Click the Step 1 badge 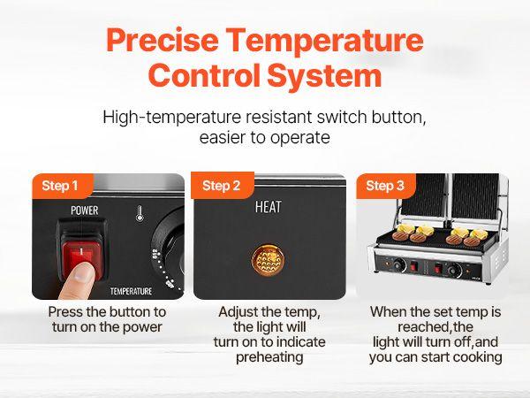tap(61, 186)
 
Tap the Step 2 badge tap(222, 186)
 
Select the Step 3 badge tap(385, 186)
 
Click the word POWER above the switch tap(85, 210)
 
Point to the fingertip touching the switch tap(82, 273)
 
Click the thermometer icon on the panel tap(140, 213)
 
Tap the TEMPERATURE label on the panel tap(131, 290)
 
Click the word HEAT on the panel tap(268, 208)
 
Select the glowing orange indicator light tap(268, 258)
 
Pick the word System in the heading tap(337, 76)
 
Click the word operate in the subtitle tap(300, 138)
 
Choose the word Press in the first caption tap(66, 312)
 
